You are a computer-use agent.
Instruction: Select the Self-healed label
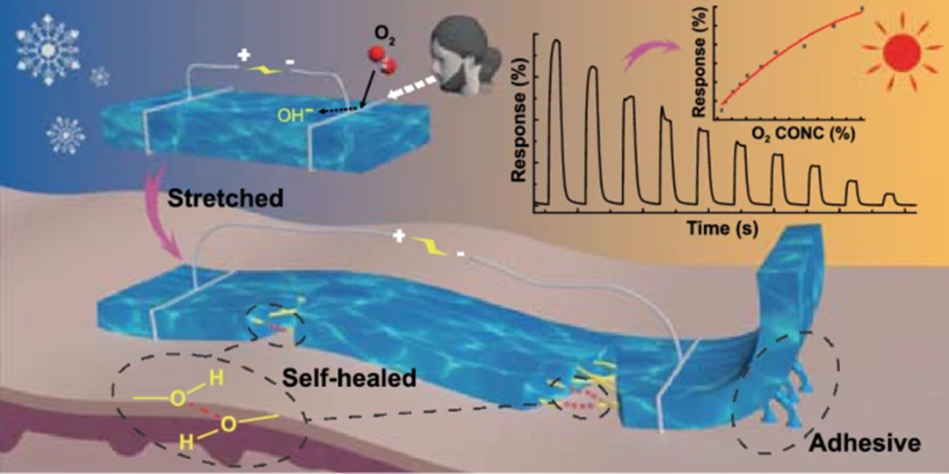(x=349, y=379)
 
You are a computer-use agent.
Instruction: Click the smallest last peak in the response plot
(x=889, y=197)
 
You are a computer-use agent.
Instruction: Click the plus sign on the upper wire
(x=243, y=55)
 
